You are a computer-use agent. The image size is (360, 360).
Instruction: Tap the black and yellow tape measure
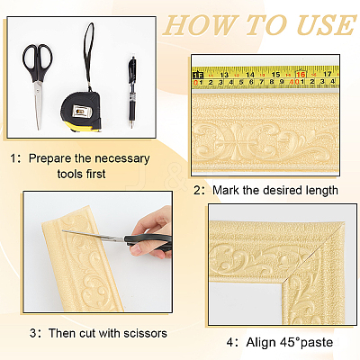click(82, 112)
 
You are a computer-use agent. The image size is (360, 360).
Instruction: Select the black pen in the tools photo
click(131, 93)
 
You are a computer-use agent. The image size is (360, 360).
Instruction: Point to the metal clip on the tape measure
click(81, 112)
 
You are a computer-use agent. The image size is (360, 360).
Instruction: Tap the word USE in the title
click(325, 24)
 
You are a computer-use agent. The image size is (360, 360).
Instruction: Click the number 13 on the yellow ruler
click(224, 75)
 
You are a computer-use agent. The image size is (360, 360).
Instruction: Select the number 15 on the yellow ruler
click(275, 75)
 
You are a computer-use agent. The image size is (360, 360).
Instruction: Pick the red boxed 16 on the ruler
click(301, 74)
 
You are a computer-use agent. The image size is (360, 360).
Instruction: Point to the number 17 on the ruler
click(327, 74)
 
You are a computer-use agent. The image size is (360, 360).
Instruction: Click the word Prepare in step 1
click(49, 158)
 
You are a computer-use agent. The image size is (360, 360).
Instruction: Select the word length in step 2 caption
click(321, 191)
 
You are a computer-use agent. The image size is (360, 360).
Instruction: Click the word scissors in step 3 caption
click(145, 333)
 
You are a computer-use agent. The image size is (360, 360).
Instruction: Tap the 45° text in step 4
click(290, 342)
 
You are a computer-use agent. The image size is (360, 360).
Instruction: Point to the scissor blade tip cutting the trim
click(63, 230)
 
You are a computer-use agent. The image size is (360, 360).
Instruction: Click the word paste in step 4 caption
click(317, 343)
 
